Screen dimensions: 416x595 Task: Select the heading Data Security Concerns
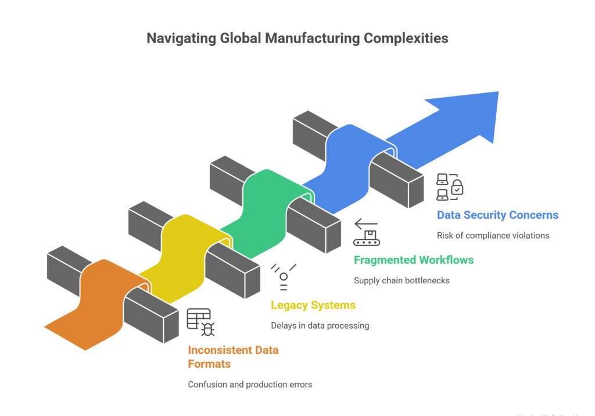pos(497,215)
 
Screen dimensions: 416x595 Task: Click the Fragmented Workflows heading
pos(414,260)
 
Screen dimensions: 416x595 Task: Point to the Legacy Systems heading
pos(313,305)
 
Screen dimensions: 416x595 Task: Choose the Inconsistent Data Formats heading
pos(233,357)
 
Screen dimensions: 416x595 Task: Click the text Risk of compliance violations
pos(493,236)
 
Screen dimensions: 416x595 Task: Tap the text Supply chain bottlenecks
pos(402,280)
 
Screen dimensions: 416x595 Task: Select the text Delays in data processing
pos(320,326)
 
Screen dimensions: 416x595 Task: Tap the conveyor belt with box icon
pos(366,233)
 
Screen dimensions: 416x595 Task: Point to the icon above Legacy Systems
pos(284,276)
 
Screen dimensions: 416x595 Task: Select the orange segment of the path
pos(99,303)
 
